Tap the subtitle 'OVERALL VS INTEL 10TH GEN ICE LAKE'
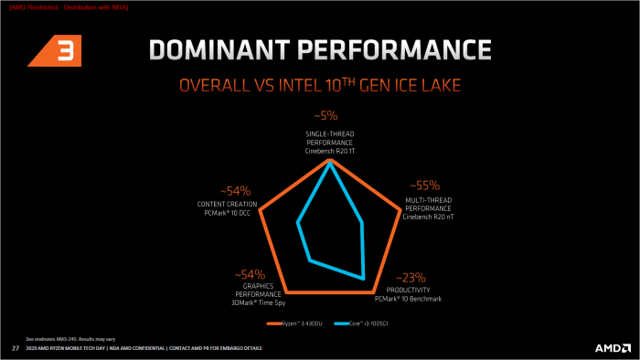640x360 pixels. pyautogui.click(x=319, y=86)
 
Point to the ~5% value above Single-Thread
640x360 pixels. pyautogui.click(x=326, y=116)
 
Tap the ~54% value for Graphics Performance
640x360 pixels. pyautogui.click(x=249, y=274)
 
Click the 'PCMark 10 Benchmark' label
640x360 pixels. pyautogui.click(x=408, y=298)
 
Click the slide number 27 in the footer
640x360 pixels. pyautogui.click(x=15, y=348)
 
